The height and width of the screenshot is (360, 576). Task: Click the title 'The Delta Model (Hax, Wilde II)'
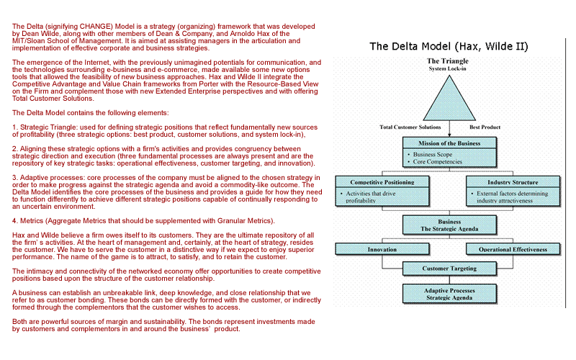coord(449,47)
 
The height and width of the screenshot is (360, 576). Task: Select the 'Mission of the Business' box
coord(449,143)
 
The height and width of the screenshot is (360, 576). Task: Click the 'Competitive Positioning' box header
coord(382,182)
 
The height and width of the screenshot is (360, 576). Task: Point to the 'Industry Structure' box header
coord(513,182)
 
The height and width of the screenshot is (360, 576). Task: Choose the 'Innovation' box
coord(382,250)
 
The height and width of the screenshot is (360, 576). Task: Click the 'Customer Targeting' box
coord(449,269)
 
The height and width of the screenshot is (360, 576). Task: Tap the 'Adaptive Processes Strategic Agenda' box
coord(449,293)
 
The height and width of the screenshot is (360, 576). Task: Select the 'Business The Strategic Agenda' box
coord(449,225)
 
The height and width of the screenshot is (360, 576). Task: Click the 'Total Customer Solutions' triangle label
coord(410,127)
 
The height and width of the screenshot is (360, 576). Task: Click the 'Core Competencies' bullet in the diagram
coord(438,162)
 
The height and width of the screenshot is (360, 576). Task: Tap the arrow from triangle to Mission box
coord(449,130)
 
